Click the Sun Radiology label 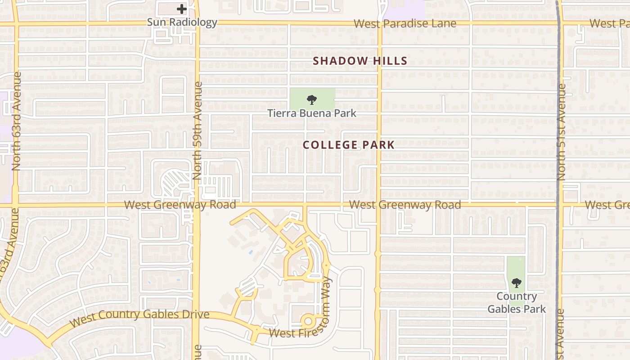pyautogui.click(x=182, y=22)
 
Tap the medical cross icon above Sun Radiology pyautogui.click(x=181, y=9)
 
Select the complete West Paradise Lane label pyautogui.click(x=405, y=23)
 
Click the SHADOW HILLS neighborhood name pyautogui.click(x=360, y=61)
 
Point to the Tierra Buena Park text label pyautogui.click(x=312, y=113)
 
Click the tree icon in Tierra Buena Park pyautogui.click(x=311, y=100)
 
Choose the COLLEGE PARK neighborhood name pyautogui.click(x=349, y=145)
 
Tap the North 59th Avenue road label pyautogui.click(x=198, y=130)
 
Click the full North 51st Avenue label pyautogui.click(x=561, y=133)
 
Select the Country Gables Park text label pyautogui.click(x=517, y=302)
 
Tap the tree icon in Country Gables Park pyautogui.click(x=516, y=283)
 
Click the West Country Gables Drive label pyautogui.click(x=140, y=318)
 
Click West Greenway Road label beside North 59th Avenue pyautogui.click(x=180, y=205)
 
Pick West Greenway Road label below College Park pyautogui.click(x=405, y=205)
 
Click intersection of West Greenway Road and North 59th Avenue pyautogui.click(x=197, y=205)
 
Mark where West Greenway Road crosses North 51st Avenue pyautogui.click(x=559, y=205)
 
